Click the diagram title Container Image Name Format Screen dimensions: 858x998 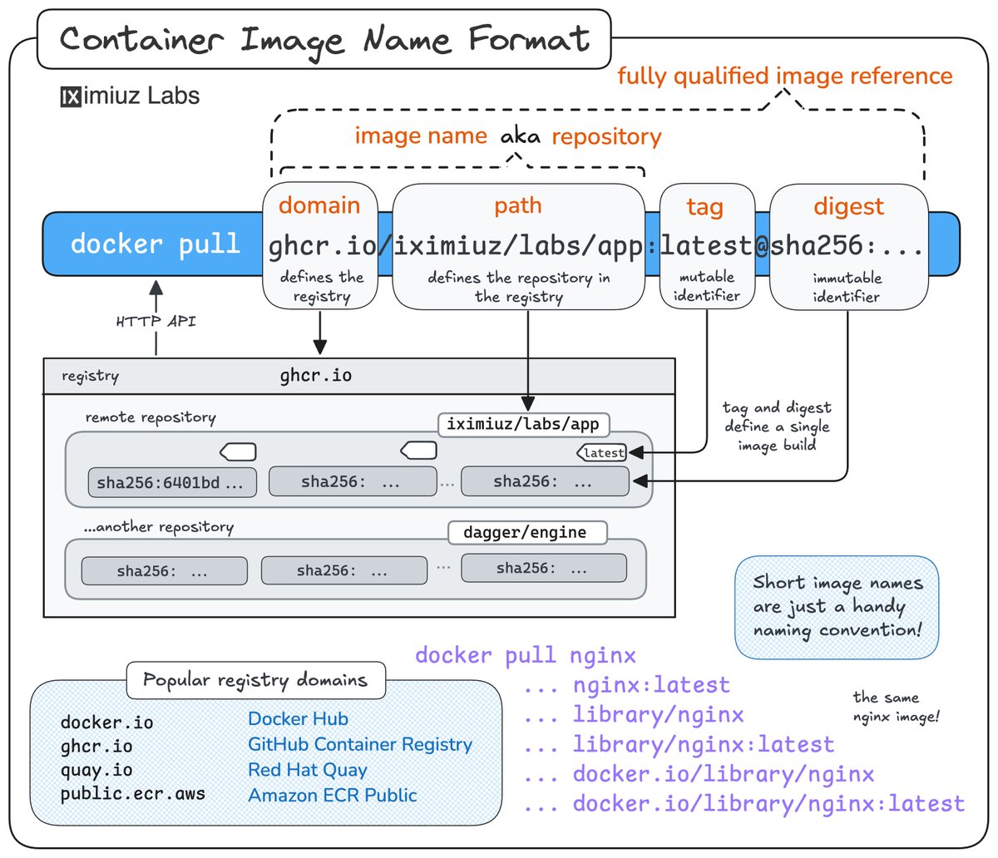[324, 39]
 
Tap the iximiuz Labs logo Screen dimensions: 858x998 [130, 96]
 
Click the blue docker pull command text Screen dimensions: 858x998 [155, 244]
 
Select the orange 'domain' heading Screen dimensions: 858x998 [319, 205]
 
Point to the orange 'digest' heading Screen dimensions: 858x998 [848, 206]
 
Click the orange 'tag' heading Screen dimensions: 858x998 [704, 207]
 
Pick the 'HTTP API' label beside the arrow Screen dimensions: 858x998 [156, 321]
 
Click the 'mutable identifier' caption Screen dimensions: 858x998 [706, 285]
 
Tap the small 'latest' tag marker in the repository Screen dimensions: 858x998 [602, 452]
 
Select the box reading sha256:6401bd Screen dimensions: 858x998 [171, 482]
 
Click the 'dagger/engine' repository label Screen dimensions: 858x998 [526, 532]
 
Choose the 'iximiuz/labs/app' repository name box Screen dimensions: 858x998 [522, 424]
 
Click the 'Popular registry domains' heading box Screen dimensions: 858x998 [255, 680]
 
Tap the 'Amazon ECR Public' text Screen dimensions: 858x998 [333, 795]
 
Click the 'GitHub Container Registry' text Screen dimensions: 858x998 [359, 744]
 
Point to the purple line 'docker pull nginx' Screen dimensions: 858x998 [526, 655]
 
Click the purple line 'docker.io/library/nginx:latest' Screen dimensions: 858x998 [768, 804]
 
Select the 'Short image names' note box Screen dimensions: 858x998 [837, 606]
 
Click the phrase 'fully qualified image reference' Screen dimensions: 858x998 [784, 76]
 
